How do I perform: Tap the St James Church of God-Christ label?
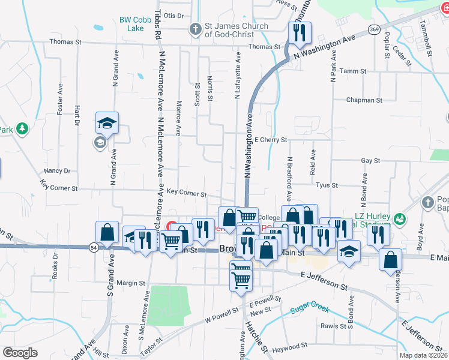coord(237,30)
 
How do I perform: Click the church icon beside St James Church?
coord(194,29)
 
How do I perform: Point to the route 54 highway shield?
coord(93,247)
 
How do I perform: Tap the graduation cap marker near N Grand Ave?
coord(107,123)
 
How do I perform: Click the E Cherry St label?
coord(271,140)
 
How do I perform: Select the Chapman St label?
coord(364,100)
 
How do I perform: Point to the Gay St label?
coord(370,161)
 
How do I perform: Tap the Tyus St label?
coord(327,185)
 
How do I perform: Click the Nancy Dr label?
coord(58,170)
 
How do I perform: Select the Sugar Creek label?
coord(310,309)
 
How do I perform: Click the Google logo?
coord(20,353)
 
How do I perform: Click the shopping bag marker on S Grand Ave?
coord(107,232)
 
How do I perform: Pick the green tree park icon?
coord(22,128)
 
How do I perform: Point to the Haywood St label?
coord(289,346)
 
